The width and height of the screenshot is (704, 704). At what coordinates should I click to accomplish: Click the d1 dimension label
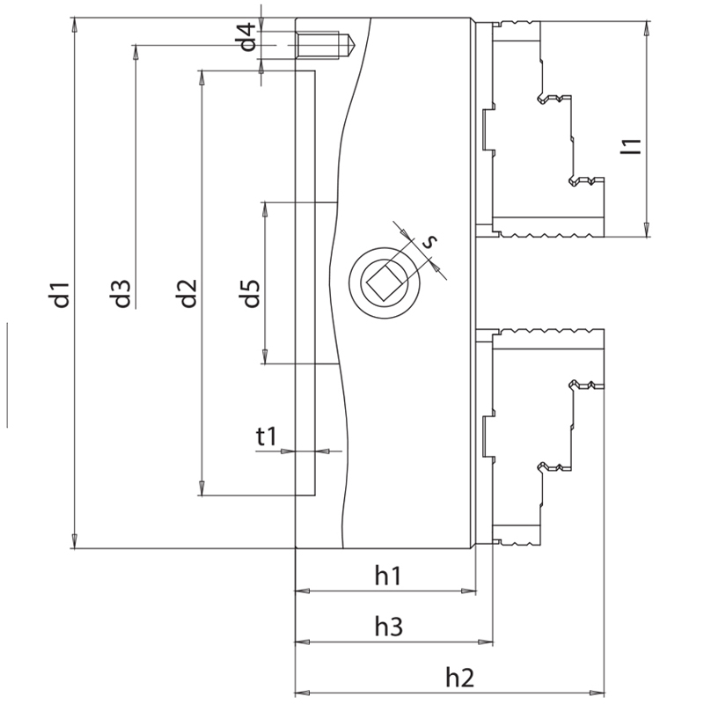point(60,295)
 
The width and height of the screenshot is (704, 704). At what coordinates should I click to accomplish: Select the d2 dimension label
point(186,293)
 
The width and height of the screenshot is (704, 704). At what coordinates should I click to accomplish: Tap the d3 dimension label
point(121,293)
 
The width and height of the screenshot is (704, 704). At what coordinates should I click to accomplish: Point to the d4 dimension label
point(249,38)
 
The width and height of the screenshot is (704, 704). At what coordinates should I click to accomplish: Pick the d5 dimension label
point(251,293)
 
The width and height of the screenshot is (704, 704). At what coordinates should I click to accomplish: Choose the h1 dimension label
point(388,576)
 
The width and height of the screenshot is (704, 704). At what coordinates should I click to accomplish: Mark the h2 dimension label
point(459,678)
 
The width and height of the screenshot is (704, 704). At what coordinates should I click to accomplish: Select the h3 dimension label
point(388,627)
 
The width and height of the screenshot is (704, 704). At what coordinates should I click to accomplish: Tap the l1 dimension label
point(630,146)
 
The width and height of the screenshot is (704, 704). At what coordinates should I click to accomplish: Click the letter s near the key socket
point(429,241)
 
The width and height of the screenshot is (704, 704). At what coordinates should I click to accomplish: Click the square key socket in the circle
point(384,283)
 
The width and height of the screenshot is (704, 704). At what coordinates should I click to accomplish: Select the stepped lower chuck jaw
point(546,431)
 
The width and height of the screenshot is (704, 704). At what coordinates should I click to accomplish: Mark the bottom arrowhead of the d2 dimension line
point(202,489)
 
